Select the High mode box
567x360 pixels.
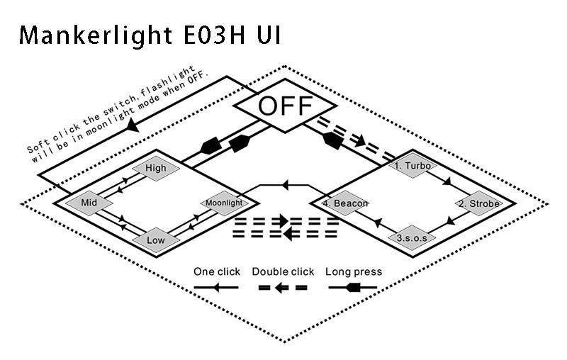155,169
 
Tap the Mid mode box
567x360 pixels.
89,203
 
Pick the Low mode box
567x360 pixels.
156,240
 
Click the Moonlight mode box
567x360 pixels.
224,203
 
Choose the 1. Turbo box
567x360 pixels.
412,167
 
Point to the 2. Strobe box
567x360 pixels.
479,203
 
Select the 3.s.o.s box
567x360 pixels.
412,238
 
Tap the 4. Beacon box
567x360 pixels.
345,203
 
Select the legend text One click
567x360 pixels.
217,271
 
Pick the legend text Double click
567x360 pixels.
283,271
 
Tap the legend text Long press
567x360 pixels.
354,271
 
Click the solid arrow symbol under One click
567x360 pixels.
215,288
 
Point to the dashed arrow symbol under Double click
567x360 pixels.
282,288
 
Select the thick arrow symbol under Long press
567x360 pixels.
353,288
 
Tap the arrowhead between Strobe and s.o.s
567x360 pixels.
447,222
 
